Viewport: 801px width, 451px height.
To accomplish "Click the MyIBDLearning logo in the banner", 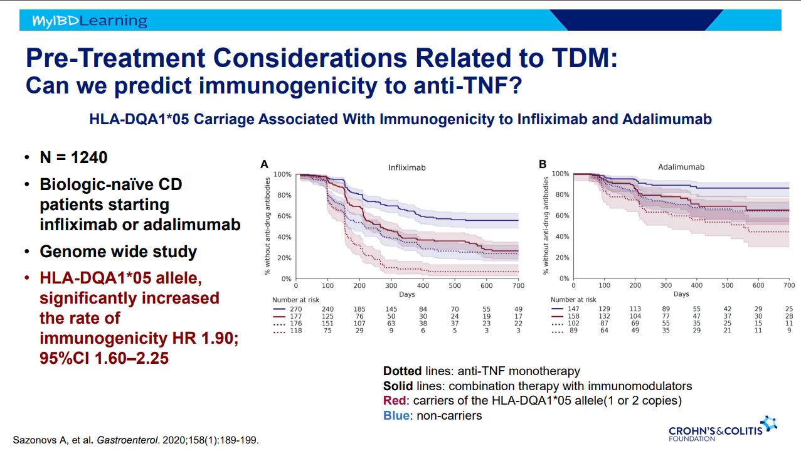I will pyautogui.click(x=90, y=21).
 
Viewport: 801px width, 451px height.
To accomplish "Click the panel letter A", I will pyautogui.click(x=265, y=165).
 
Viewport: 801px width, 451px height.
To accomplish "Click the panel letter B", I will pyautogui.click(x=543, y=165).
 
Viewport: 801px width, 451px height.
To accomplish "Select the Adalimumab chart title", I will pyautogui.click(x=681, y=167).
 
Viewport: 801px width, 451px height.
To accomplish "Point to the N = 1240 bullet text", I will pyautogui.click(x=73, y=157).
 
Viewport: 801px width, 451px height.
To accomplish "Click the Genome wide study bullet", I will pyautogui.click(x=119, y=252).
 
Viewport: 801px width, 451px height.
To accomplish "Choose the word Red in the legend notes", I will pyautogui.click(x=393, y=401).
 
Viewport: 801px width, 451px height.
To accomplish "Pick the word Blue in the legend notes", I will pyautogui.click(x=395, y=415).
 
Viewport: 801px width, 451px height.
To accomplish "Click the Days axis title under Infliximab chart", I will pyautogui.click(x=406, y=294).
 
